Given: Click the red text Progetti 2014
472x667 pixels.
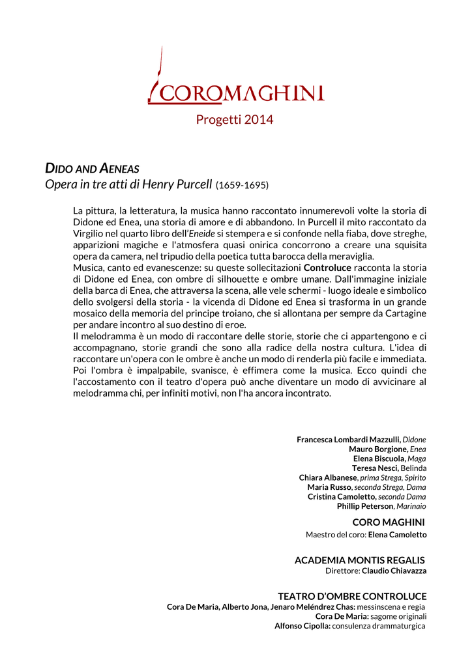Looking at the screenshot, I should tap(235, 120).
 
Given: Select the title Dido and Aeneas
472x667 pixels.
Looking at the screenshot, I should tap(92, 169).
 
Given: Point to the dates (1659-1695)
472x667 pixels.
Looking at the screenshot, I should tap(242, 186).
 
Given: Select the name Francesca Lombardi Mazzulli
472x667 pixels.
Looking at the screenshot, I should tap(349, 440).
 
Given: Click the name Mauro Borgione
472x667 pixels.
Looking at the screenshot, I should tap(378, 449).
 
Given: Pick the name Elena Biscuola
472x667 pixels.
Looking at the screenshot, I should tap(379, 459).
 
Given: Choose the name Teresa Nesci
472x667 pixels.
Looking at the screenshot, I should tap(375, 468).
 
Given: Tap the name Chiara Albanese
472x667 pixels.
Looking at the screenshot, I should tap(328, 478).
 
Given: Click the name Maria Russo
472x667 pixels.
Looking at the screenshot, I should tap(329, 487).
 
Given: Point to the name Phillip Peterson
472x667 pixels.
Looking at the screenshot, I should tap(365, 506).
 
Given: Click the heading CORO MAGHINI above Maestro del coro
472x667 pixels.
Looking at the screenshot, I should tap(389, 522).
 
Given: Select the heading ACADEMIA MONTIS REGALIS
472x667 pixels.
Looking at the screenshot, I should tap(359, 560).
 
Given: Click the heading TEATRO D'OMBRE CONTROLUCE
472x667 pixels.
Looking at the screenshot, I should tap(352, 597).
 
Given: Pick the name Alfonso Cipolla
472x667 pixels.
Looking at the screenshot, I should tap(302, 626).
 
